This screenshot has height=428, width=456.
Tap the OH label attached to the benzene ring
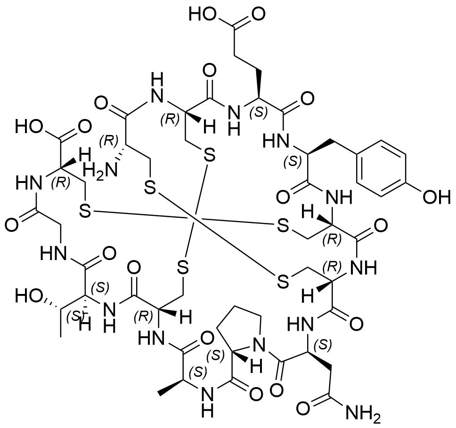436,198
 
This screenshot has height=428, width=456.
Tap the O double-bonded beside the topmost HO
258,14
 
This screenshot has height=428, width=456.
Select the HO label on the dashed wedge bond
28,295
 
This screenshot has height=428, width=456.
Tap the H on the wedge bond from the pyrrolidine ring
256,367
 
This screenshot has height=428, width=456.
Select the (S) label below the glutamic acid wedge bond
258,112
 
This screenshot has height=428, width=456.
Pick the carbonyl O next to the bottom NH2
304,409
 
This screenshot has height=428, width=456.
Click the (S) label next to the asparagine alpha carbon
325,345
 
